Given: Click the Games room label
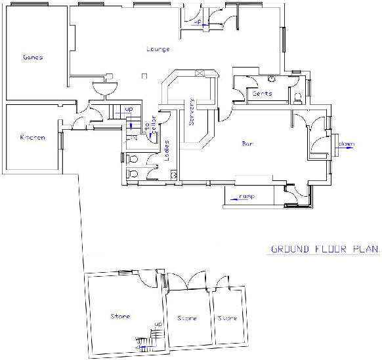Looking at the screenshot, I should click(x=32, y=58).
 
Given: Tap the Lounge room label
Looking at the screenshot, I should click(x=158, y=49).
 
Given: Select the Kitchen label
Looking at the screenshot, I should click(x=32, y=138).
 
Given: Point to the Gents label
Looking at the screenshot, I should click(x=262, y=94).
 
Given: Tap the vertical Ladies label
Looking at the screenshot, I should click(x=167, y=150).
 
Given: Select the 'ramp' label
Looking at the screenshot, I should click(x=246, y=196).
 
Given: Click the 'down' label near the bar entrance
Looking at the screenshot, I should click(x=346, y=144).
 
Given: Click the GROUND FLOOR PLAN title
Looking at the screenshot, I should click(x=326, y=249).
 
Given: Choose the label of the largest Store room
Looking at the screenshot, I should click(x=120, y=317).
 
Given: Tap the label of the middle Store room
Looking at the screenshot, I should click(x=187, y=319).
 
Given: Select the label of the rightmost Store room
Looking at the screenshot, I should click(x=227, y=319).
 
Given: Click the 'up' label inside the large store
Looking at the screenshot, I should click(x=158, y=325).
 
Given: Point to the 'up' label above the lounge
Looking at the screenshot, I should click(x=198, y=21).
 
